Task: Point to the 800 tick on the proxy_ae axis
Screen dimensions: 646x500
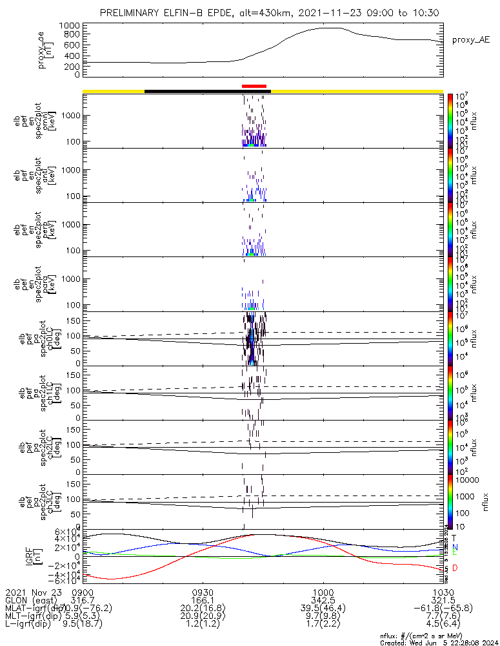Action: click(x=71, y=35)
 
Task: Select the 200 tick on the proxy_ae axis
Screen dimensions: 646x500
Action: click(x=71, y=65)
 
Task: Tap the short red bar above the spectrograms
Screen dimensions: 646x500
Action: click(x=254, y=86)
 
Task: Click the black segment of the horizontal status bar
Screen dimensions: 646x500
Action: click(x=206, y=91)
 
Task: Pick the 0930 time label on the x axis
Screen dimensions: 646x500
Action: click(x=203, y=592)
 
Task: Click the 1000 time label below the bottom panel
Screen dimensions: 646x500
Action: click(x=323, y=592)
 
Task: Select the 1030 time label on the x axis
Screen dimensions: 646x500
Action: click(x=443, y=592)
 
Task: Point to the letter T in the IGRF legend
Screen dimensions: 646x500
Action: click(x=454, y=537)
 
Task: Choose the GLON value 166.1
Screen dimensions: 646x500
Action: click(x=203, y=601)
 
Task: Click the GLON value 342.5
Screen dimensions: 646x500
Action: click(x=323, y=601)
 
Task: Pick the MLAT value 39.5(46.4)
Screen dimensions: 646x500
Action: click(x=323, y=609)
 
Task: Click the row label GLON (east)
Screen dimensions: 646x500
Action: click(x=32, y=601)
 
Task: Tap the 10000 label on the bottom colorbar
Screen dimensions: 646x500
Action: click(x=465, y=480)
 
